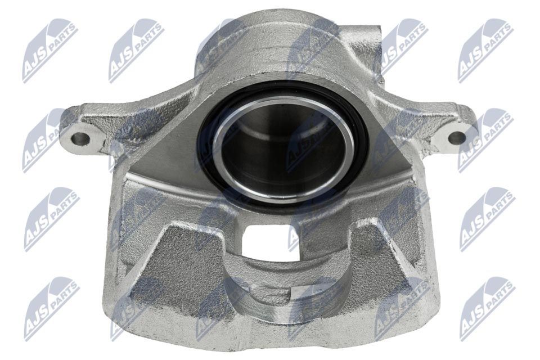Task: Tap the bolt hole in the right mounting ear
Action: tap(457, 137)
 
